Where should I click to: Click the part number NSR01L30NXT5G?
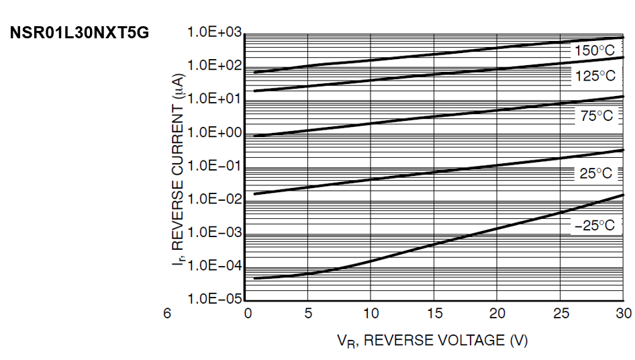tap(79, 33)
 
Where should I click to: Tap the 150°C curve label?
tap(594, 51)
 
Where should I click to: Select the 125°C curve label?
tap(595, 76)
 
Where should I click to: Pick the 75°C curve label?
tap(596, 116)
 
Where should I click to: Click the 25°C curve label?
tap(596, 173)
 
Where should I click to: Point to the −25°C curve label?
tap(594, 226)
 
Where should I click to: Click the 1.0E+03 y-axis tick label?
tap(214, 33)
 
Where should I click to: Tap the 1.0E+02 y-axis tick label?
tap(214, 66)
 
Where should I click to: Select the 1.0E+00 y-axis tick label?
tap(214, 133)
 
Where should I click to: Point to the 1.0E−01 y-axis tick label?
tap(214, 166)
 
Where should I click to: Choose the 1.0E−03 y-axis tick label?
tap(214, 232)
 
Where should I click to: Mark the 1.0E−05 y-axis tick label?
tap(214, 299)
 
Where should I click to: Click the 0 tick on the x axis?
tap(248, 314)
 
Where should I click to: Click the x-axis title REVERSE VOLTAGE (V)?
tap(432, 341)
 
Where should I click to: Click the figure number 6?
tap(167, 314)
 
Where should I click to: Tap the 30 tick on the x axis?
tap(623, 314)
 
